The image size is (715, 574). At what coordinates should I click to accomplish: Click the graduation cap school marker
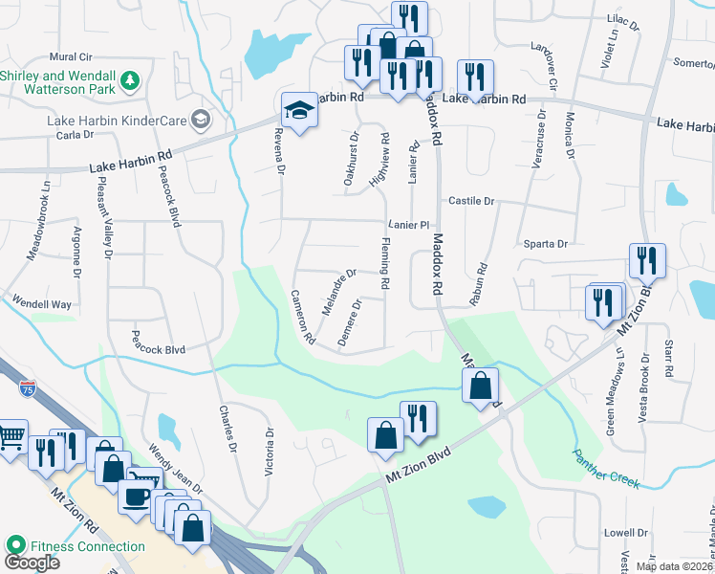(x=298, y=110)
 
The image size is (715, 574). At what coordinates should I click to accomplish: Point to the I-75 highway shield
(x=27, y=388)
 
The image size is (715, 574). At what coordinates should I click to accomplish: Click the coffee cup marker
(x=137, y=497)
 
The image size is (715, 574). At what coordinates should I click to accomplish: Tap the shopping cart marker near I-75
(x=11, y=437)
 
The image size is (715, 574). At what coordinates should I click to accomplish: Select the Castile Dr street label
(x=471, y=202)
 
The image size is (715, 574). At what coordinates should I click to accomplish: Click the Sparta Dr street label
(x=545, y=244)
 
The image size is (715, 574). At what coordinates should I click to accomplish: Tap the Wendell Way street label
(x=41, y=304)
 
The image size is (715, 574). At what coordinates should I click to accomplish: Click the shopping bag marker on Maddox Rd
(x=482, y=386)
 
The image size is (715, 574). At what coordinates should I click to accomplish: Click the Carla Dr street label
(x=73, y=135)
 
